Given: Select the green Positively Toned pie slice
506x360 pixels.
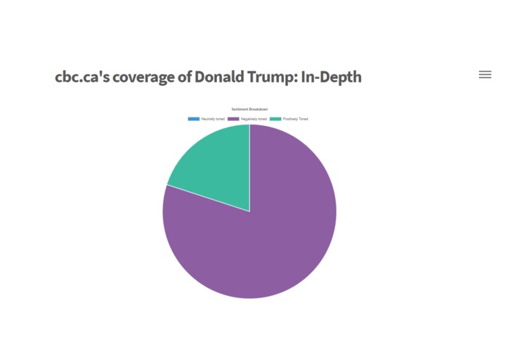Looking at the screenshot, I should click(215, 164).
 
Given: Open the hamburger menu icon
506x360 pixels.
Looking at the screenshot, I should click(485, 74).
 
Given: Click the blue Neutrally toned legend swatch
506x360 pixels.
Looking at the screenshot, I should click(193, 119).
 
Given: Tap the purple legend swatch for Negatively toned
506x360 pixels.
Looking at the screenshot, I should click(234, 119).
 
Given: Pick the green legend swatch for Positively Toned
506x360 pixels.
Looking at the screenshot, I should click(275, 119).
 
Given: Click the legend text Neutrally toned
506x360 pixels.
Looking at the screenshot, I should click(213, 119).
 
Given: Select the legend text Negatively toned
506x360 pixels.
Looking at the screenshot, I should click(253, 119).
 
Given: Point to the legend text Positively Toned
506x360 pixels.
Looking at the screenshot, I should click(296, 119).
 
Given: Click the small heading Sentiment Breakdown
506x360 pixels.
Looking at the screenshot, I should click(250, 109).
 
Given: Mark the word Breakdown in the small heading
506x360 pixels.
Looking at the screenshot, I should click(258, 109).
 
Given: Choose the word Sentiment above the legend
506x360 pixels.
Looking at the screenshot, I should click(241, 109).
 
